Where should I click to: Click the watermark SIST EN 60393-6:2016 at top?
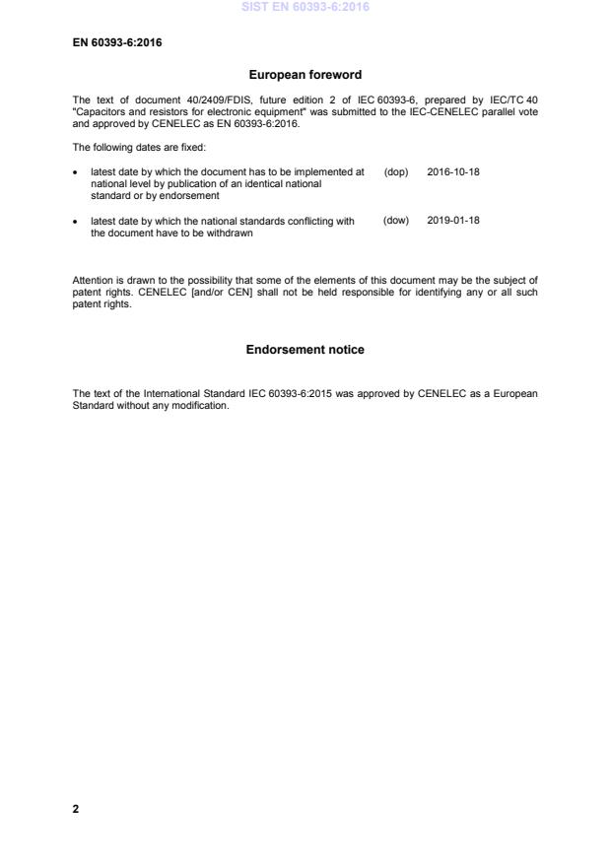(x=305, y=7)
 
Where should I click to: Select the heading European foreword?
(x=305, y=75)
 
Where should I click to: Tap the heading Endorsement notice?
(x=305, y=350)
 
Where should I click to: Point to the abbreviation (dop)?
(x=395, y=171)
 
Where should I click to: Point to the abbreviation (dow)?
(x=395, y=221)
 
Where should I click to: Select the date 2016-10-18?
(x=453, y=171)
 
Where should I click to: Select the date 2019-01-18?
(x=453, y=221)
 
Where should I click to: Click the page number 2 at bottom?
(x=75, y=809)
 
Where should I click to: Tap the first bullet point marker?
(x=77, y=172)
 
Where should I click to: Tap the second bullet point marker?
(x=77, y=222)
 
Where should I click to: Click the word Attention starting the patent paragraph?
(x=93, y=281)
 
